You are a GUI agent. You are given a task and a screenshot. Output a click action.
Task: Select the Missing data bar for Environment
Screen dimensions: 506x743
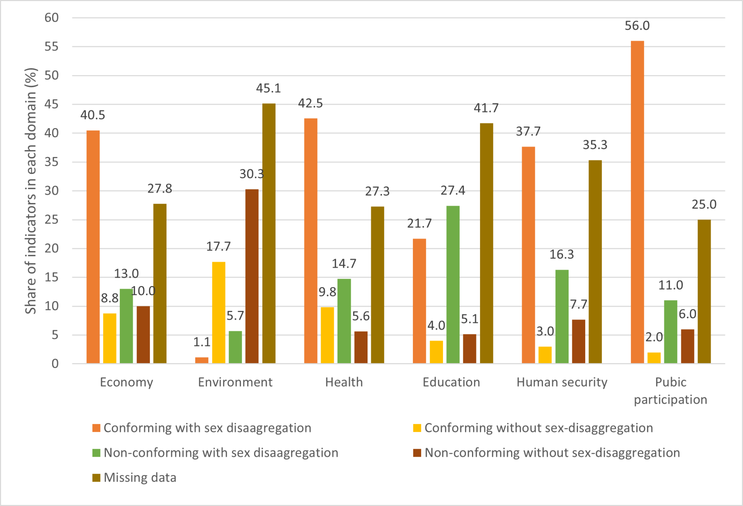tap(269, 233)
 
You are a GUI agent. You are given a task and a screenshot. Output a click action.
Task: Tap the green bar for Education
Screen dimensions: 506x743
tap(453, 285)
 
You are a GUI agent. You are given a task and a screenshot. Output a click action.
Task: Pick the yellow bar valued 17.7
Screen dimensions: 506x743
tap(218, 312)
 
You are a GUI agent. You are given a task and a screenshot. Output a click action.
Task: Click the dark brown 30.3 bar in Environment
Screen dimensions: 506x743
tap(252, 276)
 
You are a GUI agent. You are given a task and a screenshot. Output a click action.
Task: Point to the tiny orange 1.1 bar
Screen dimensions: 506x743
tap(202, 360)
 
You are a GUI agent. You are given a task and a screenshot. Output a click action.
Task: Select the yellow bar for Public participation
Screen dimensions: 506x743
tap(654, 358)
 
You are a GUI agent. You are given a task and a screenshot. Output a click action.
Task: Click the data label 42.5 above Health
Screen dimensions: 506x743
tap(310, 104)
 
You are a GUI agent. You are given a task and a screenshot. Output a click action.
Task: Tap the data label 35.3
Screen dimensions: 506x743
tap(595, 145)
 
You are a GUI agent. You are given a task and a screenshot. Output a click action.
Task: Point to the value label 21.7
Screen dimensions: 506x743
tap(419, 224)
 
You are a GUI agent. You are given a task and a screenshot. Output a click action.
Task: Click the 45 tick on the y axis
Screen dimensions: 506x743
tap(51, 104)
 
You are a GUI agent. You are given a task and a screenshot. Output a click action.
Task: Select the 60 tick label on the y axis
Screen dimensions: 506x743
tap(51, 18)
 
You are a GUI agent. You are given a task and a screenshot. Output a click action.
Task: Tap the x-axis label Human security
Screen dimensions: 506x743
tap(562, 382)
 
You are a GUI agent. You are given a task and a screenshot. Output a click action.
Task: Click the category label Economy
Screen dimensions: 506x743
tap(126, 382)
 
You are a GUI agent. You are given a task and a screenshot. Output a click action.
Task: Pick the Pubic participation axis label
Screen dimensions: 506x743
tap(670, 391)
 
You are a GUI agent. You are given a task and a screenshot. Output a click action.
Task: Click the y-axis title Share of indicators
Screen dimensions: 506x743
tap(31, 191)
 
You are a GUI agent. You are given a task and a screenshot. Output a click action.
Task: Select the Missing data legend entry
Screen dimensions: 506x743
tap(140, 478)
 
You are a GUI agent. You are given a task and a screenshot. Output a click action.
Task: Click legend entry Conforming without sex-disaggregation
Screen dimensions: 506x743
tap(538, 428)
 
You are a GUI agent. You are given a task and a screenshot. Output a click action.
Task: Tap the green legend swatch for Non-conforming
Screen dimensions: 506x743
tap(96, 453)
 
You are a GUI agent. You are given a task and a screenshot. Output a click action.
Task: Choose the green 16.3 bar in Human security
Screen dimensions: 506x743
tap(562, 316)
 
